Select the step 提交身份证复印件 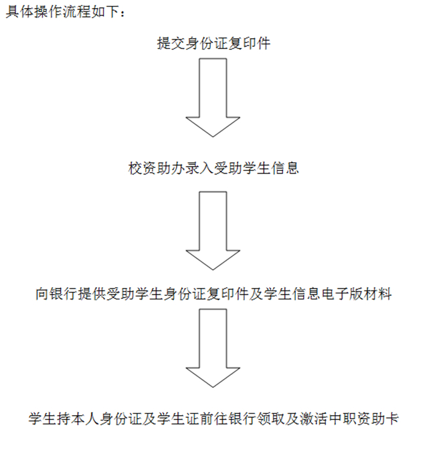point(213,44)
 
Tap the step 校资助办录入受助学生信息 point(213,168)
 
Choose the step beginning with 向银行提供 point(213,294)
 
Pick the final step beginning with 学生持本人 point(213,418)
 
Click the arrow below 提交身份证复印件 point(213,98)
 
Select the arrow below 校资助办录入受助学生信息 point(213,231)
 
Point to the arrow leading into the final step point(213,348)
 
